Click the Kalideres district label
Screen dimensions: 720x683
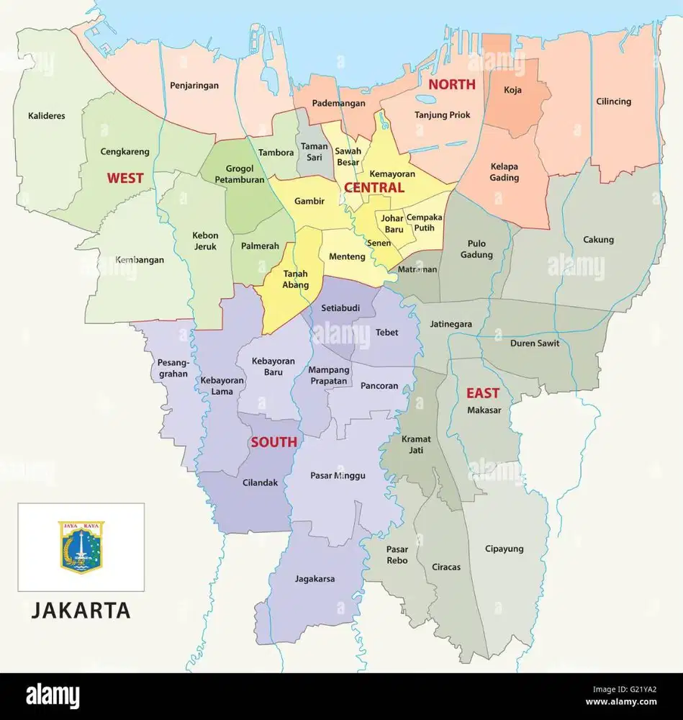pyautogui.click(x=46, y=115)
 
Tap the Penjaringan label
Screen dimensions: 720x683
pyautogui.click(x=194, y=85)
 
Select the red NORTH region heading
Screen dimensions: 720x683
pyautogui.click(x=452, y=84)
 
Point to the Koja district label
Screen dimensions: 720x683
pyautogui.click(x=512, y=90)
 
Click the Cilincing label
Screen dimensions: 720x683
pyautogui.click(x=613, y=102)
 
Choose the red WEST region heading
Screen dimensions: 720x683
pyautogui.click(x=125, y=178)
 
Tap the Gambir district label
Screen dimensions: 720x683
pyautogui.click(x=309, y=202)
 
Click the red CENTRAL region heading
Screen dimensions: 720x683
pyautogui.click(x=374, y=187)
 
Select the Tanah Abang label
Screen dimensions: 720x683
pyautogui.click(x=296, y=279)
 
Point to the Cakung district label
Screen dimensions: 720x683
pyautogui.click(x=598, y=240)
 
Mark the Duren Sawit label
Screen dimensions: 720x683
pyautogui.click(x=534, y=343)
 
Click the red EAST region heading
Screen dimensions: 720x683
pyautogui.click(x=482, y=393)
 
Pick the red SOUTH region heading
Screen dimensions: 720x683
pyautogui.click(x=273, y=442)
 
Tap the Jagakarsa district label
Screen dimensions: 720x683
pyautogui.click(x=315, y=578)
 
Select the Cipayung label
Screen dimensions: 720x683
pyautogui.click(x=504, y=549)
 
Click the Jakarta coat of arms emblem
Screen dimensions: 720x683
pyautogui.click(x=81, y=547)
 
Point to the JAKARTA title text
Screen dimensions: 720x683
pyautogui.click(x=81, y=611)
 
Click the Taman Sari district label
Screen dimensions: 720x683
pyautogui.click(x=315, y=152)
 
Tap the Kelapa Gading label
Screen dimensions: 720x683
pyautogui.click(x=505, y=172)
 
